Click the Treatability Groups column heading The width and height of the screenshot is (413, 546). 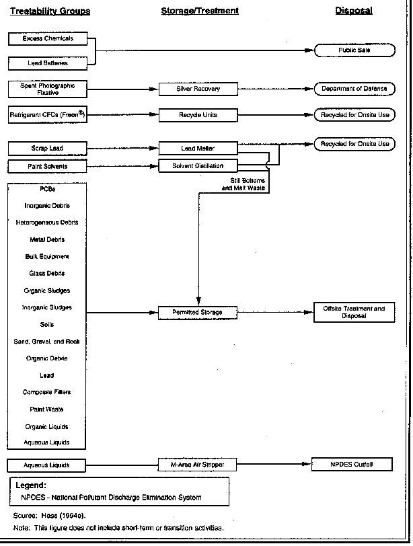(50, 11)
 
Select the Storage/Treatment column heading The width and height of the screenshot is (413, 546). (200, 11)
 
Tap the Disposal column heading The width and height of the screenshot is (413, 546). (354, 11)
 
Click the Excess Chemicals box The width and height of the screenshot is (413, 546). (48, 38)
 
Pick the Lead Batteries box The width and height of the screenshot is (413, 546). (48, 63)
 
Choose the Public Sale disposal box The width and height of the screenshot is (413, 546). (354, 50)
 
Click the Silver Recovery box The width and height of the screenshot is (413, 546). (198, 89)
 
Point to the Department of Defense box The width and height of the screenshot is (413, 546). (354, 89)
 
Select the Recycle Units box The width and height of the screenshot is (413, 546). (198, 115)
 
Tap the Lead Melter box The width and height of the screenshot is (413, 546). (198, 149)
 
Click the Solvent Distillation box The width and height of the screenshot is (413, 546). (198, 165)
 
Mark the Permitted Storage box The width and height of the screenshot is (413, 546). (198, 313)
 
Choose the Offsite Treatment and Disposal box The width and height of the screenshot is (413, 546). (354, 313)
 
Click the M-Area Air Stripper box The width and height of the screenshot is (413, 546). (197, 465)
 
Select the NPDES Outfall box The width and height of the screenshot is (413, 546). (352, 464)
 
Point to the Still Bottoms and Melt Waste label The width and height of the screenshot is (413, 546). (243, 184)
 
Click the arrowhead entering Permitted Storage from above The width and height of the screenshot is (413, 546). (199, 301)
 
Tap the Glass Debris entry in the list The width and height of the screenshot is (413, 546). (47, 274)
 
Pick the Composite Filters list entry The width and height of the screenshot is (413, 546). (46, 392)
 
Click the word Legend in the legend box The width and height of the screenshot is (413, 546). (31, 485)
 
